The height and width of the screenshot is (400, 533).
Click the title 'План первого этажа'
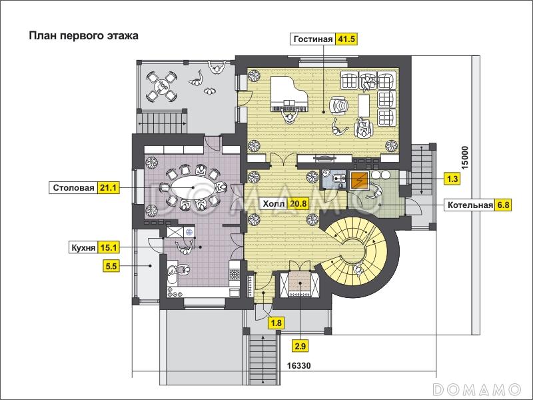click(x=84, y=36)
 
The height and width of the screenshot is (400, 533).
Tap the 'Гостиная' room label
click(x=312, y=39)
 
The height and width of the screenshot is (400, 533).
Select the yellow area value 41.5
click(x=346, y=39)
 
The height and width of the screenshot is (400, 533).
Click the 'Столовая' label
click(x=73, y=188)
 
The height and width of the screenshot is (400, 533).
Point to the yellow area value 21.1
click(x=109, y=188)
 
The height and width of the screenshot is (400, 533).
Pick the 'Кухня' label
click(x=83, y=248)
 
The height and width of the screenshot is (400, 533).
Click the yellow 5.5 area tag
click(x=111, y=266)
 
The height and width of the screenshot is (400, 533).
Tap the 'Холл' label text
click(x=274, y=204)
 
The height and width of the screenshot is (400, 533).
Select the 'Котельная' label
click(x=470, y=205)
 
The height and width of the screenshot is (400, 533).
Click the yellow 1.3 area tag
click(x=452, y=179)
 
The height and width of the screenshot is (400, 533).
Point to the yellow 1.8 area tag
click(x=276, y=323)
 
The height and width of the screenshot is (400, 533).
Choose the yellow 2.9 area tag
click(x=300, y=347)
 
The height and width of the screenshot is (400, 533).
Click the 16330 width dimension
click(x=298, y=366)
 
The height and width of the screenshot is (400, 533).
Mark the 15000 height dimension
click(x=464, y=158)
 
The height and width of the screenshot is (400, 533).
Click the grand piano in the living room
click(x=289, y=94)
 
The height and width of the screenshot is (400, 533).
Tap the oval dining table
click(x=193, y=187)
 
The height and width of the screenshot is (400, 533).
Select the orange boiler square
click(x=360, y=180)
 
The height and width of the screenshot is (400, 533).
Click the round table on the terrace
click(x=161, y=86)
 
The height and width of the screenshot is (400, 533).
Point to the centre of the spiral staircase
click(x=354, y=252)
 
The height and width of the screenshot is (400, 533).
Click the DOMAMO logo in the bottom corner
click(x=476, y=389)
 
